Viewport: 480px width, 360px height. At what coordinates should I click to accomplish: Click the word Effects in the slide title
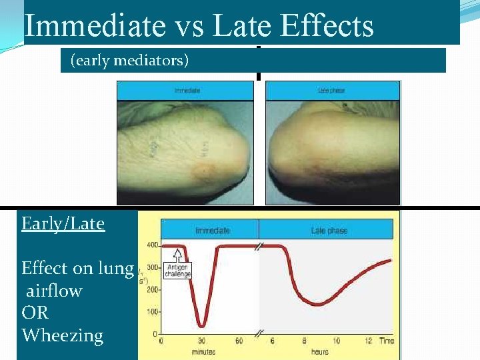coord(327,25)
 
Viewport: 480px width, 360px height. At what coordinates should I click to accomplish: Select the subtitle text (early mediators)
coord(130,61)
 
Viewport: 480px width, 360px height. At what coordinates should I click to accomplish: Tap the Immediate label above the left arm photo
coord(187,90)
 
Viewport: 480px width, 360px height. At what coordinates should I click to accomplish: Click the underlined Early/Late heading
coord(63,223)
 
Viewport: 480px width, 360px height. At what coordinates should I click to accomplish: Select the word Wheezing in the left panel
coord(63,335)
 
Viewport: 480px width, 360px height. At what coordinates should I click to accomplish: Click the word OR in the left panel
coord(35,313)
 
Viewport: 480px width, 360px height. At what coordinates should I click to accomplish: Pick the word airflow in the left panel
coord(54,291)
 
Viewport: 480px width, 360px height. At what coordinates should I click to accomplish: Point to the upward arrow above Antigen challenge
coord(177,254)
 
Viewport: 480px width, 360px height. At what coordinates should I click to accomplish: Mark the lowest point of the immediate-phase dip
coord(200,327)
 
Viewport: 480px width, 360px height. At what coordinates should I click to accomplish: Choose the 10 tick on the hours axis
coord(337,341)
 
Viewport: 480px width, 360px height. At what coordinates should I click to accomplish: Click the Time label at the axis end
coord(387,341)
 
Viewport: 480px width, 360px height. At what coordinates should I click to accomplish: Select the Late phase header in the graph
coord(327,231)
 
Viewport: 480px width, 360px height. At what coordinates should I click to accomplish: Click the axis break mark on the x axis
coord(259,333)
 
